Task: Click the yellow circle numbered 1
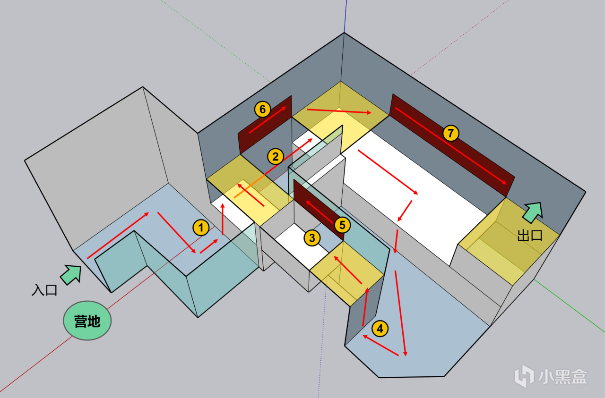pyautogui.click(x=201, y=228)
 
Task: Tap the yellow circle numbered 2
pyautogui.click(x=275, y=156)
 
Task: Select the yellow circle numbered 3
pyautogui.click(x=312, y=238)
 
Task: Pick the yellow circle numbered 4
pyautogui.click(x=380, y=329)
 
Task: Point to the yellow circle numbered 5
pyautogui.click(x=342, y=225)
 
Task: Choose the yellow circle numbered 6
pyautogui.click(x=262, y=109)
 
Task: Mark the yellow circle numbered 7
pyautogui.click(x=450, y=133)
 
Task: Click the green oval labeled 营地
pyautogui.click(x=87, y=321)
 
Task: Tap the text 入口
pyautogui.click(x=44, y=290)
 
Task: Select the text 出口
pyautogui.click(x=530, y=236)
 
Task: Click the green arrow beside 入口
pyautogui.click(x=71, y=275)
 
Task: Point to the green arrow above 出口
pyautogui.click(x=533, y=212)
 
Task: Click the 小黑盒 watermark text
pyautogui.click(x=562, y=377)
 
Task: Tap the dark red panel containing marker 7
pyautogui.click(x=452, y=145)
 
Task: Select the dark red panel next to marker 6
pyautogui.click(x=265, y=125)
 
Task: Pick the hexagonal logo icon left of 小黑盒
pyautogui.click(x=524, y=376)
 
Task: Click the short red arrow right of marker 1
pyautogui.click(x=209, y=246)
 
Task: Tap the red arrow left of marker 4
pyautogui.click(x=365, y=307)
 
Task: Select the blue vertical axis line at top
pyautogui.click(x=345, y=16)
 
